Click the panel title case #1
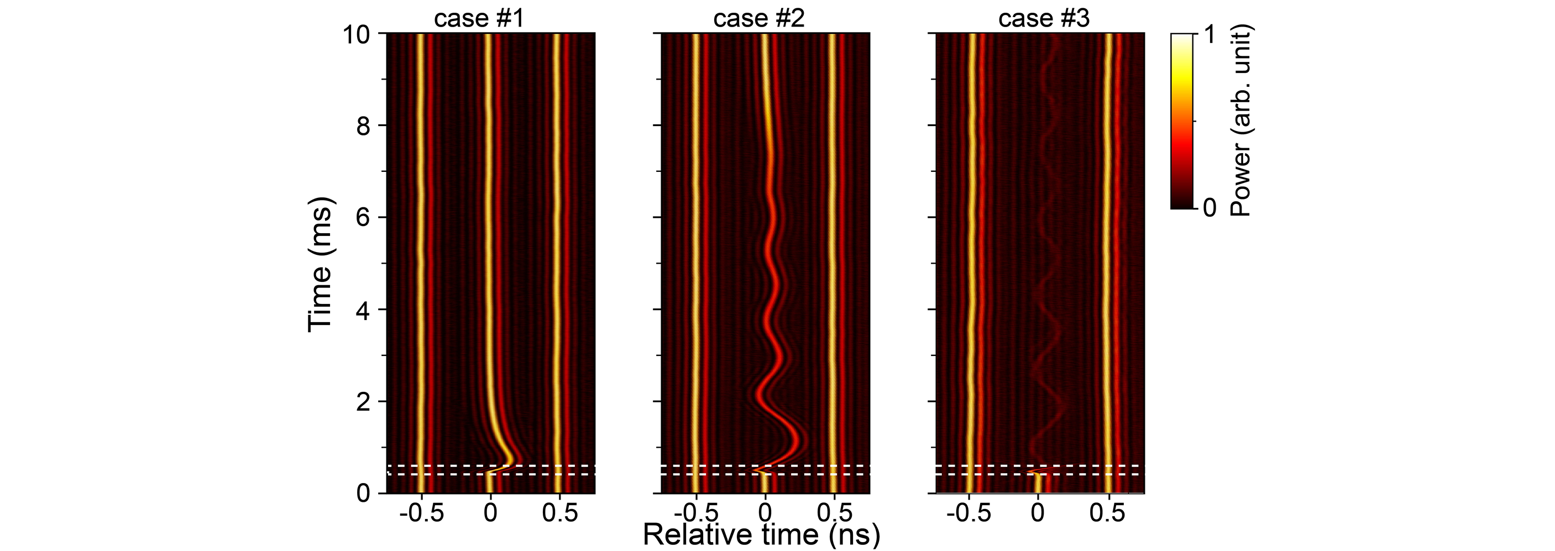[479, 19]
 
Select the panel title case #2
[759, 19]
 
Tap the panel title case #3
[1044, 19]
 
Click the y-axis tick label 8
[363, 126]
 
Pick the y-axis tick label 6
[363, 218]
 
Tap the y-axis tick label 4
[363, 309]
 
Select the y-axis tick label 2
[363, 401]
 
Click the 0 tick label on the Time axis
[363, 494]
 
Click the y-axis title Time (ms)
[320, 264]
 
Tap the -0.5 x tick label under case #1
[422, 513]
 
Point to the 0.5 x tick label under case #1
[559, 513]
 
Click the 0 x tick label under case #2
[765, 513]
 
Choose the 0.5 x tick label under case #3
[1107, 513]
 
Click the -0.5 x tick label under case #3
[969, 513]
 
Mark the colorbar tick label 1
[1209, 34]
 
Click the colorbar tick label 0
[1209, 208]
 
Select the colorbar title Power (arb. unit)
[1241, 120]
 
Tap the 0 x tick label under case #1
[490, 513]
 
